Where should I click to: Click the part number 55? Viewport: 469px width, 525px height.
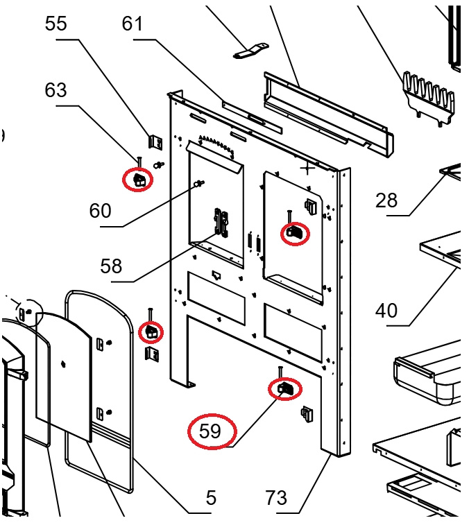(x=56, y=24)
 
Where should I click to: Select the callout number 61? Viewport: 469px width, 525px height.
(x=132, y=24)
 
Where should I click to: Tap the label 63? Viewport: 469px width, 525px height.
(x=56, y=90)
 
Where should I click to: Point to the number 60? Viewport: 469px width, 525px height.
(x=100, y=210)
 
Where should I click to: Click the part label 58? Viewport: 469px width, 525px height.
(x=111, y=266)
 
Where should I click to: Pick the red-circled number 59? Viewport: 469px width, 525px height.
(x=210, y=431)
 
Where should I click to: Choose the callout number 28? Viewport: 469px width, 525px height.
(x=386, y=200)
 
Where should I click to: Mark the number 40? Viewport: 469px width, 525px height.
(x=386, y=310)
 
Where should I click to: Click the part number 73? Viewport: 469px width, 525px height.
(x=276, y=497)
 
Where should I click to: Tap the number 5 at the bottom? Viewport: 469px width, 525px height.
(x=211, y=497)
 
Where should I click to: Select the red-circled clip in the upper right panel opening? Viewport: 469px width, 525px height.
(x=294, y=232)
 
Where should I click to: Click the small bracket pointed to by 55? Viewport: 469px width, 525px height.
(x=157, y=141)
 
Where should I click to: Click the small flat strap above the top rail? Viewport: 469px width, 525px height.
(x=250, y=51)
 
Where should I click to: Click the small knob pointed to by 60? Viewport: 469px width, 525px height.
(x=201, y=183)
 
